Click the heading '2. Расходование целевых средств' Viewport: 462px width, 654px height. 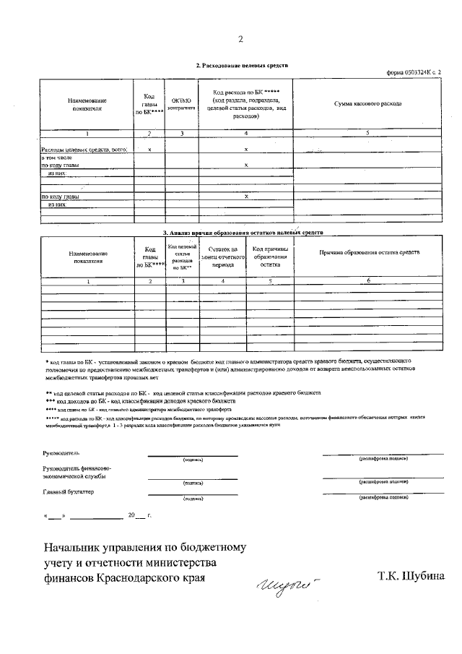[242, 65]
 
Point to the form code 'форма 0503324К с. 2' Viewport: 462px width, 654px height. [414, 73]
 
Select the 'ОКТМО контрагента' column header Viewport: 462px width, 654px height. [182, 104]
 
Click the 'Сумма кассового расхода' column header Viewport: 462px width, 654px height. [367, 104]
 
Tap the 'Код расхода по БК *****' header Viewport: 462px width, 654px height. [246, 104]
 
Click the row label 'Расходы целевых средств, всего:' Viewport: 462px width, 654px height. [84, 149]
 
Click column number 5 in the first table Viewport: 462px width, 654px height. [367, 132]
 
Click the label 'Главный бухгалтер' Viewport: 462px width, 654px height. [68, 492]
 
